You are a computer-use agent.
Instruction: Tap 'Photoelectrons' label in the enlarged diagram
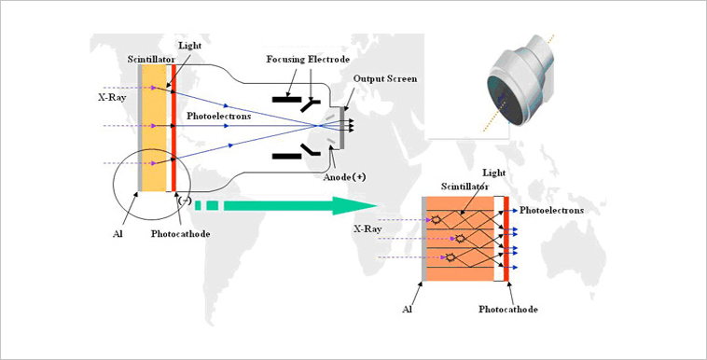pyautogui.click(x=552, y=211)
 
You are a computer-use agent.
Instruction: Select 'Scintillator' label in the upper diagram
pyautogui.click(x=151, y=59)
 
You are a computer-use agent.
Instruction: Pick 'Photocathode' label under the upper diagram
pyautogui.click(x=179, y=233)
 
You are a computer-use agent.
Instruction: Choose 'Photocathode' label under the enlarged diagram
pyautogui.click(x=508, y=308)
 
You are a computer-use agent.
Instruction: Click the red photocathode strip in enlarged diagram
pyautogui.click(x=506, y=240)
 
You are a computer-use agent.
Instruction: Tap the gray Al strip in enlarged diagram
pyautogui.click(x=425, y=240)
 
